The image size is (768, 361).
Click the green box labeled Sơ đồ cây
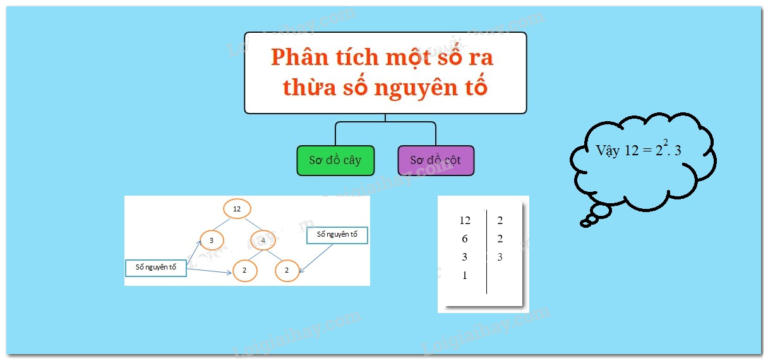pyautogui.click(x=335, y=160)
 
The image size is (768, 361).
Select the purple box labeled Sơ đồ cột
pyautogui.click(x=436, y=160)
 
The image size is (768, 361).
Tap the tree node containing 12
pyautogui.click(x=237, y=208)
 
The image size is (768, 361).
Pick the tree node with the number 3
pyautogui.click(x=212, y=240)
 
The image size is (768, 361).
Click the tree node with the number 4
pyautogui.click(x=263, y=240)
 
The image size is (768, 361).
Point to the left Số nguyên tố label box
pyautogui.click(x=156, y=268)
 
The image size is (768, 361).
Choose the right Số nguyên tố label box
pyautogui.click(x=337, y=234)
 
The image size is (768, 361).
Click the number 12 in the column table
pyautogui.click(x=465, y=220)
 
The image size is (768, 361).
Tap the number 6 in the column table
pyautogui.click(x=465, y=239)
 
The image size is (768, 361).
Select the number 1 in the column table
pyautogui.click(x=465, y=275)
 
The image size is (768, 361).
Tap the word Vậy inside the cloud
pyautogui.click(x=608, y=151)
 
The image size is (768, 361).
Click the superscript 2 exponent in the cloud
pyautogui.click(x=666, y=142)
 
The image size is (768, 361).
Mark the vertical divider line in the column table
pyautogui.click(x=486, y=252)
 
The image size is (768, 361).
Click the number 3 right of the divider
pyautogui.click(x=500, y=257)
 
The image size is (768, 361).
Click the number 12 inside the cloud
pyautogui.click(x=632, y=151)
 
